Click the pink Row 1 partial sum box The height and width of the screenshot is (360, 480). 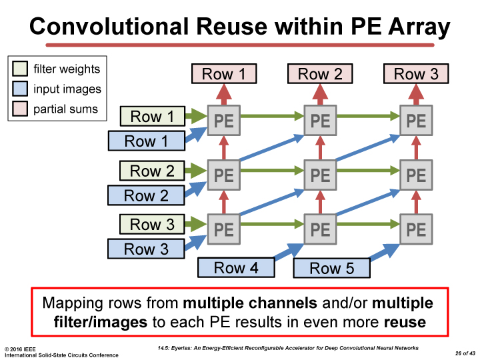point(223,74)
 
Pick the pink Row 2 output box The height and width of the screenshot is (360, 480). point(320,74)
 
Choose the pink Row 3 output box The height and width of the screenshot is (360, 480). point(416,74)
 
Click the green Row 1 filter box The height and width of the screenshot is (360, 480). point(152,117)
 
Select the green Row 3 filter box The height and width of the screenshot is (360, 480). point(152,225)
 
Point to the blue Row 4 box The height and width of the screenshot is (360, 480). point(236,268)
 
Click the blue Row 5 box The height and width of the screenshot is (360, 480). point(332,269)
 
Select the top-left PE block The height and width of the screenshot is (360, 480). point(224,121)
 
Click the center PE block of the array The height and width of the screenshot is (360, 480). point(320,175)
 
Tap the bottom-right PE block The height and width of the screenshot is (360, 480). point(416,229)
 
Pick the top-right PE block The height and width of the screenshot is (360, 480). point(416,121)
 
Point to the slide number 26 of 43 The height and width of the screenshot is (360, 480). point(460,352)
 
